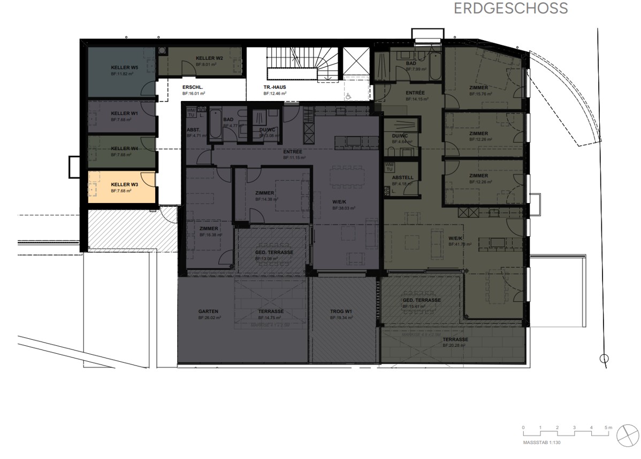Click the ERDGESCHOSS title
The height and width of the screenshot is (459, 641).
(510, 9)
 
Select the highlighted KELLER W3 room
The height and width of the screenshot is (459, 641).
(122, 187)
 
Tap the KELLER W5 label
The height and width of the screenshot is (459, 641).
(124, 68)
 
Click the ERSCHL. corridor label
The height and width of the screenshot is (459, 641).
(193, 87)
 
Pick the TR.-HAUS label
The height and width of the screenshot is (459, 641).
(274, 87)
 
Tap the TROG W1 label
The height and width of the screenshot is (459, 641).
(340, 311)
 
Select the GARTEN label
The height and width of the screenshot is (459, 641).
(208, 311)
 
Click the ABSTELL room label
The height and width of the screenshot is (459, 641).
(402, 177)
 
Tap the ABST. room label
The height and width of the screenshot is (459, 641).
(193, 130)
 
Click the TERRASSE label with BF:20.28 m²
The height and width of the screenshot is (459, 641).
(455, 339)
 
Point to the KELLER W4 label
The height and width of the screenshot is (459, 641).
(124, 149)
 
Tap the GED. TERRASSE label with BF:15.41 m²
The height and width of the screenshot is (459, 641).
(422, 300)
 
